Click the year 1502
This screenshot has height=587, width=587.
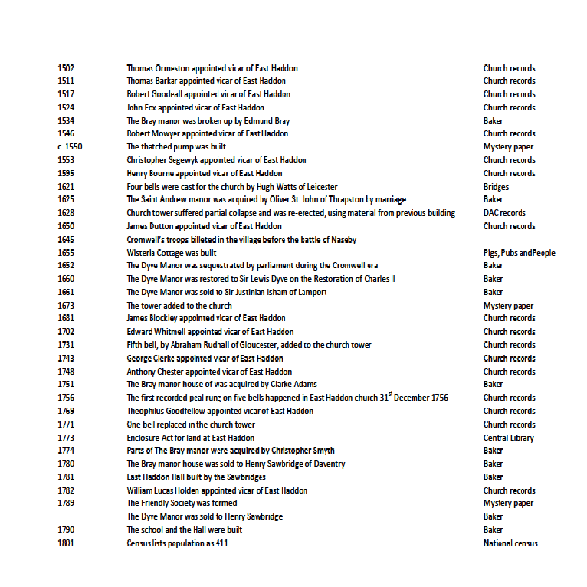tap(66, 68)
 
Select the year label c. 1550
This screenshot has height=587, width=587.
tap(70, 147)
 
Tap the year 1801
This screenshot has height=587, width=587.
tap(66, 543)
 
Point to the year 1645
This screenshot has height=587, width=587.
tap(66, 240)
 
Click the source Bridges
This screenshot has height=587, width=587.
tap(496, 187)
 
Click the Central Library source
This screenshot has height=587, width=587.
tap(509, 438)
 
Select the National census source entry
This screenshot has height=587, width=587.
tap(510, 543)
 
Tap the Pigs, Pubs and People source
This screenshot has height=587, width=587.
tap(519, 253)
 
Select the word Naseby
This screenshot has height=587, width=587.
tap(343, 240)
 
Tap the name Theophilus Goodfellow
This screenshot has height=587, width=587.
tap(166, 412)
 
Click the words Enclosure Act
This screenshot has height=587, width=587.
tap(148, 438)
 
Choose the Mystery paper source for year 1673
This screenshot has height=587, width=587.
tap(509, 306)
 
